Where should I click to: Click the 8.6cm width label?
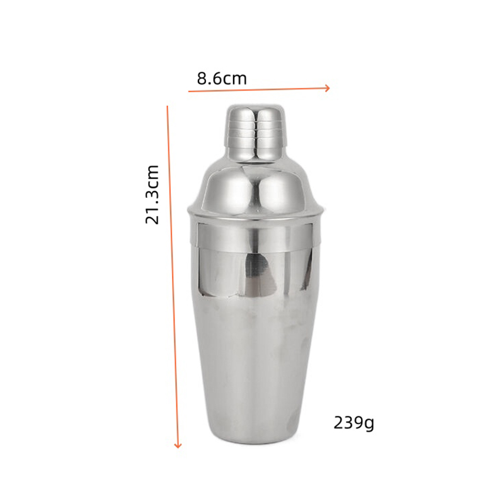tap(222, 78)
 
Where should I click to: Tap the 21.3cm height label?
tap(152, 195)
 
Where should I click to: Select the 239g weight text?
tap(353, 423)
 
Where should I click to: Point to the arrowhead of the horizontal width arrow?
tap(328, 88)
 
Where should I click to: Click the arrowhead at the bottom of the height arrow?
tap(178, 445)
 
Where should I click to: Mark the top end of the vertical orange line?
tap(167, 106)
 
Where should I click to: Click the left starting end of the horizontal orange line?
tap(189, 91)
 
